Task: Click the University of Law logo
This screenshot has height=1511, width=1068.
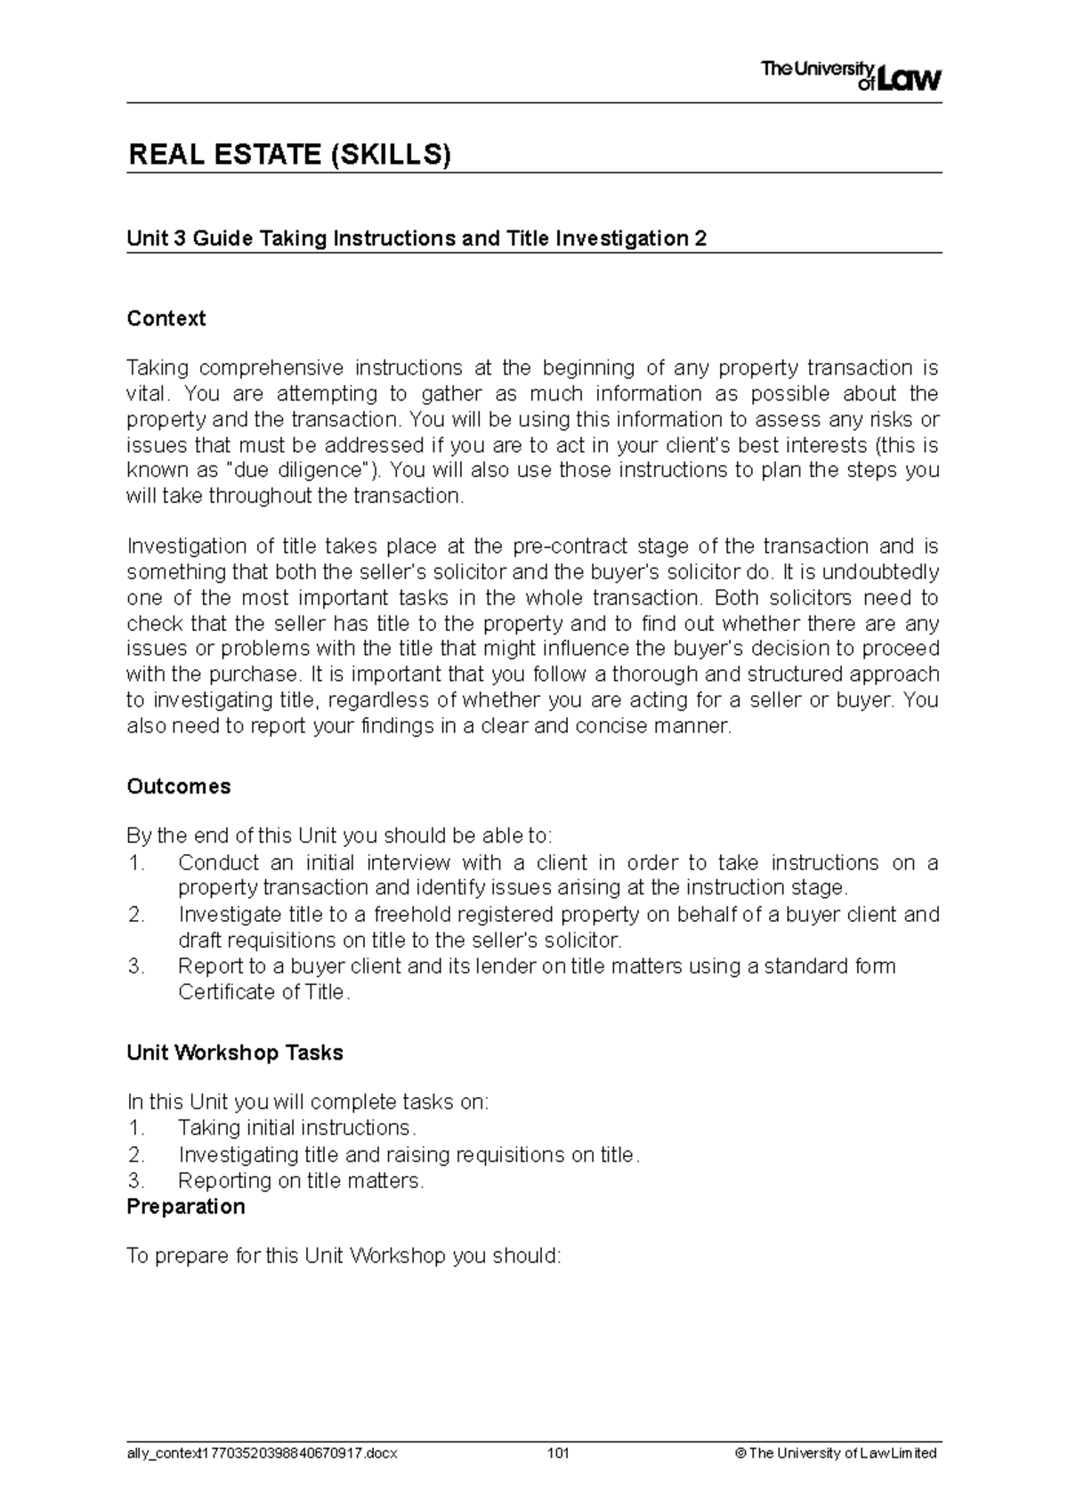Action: [x=850, y=76]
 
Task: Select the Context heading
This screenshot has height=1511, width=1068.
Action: [x=166, y=319]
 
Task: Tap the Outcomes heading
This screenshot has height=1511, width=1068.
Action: [x=178, y=787]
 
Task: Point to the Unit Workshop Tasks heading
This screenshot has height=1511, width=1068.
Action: [x=234, y=1053]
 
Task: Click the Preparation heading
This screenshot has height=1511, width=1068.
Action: [x=185, y=1207]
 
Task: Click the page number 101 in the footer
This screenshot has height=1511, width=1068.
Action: [x=558, y=1453]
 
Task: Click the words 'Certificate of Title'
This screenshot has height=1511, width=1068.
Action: [x=261, y=992]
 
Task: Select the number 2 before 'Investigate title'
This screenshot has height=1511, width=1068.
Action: [x=135, y=915]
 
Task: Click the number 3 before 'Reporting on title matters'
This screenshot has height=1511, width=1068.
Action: [x=135, y=1181]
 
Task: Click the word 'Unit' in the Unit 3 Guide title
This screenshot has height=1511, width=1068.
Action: [x=146, y=238]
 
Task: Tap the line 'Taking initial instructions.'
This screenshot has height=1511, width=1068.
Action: [x=296, y=1128]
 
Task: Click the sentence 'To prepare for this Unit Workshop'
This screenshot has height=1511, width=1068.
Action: [x=344, y=1256]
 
